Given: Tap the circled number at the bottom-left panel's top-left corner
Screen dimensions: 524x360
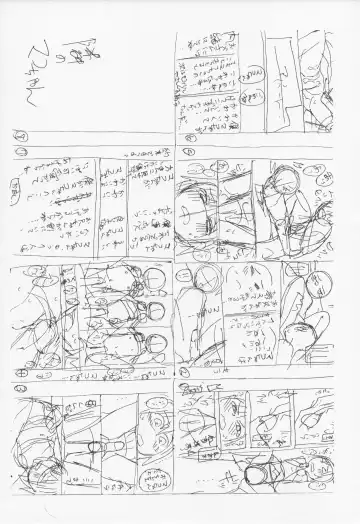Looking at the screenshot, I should point(20,388).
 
